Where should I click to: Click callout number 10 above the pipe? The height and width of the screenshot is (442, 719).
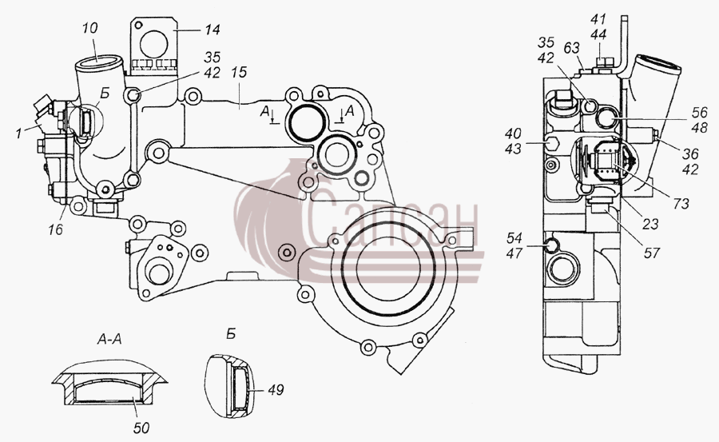pos(90,29)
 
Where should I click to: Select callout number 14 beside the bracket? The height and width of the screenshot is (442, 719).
pos(213,30)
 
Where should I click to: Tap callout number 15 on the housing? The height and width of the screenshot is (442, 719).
pos(239,72)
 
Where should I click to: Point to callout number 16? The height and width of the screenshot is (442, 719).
pos(55,229)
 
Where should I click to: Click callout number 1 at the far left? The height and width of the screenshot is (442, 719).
pos(18,134)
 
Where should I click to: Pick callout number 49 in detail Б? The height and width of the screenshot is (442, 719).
pos(276,390)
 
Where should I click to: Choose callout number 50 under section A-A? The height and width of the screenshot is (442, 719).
pos(141,428)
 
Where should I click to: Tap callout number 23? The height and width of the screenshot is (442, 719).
pos(650,224)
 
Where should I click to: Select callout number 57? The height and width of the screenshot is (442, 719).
pos(652,253)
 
